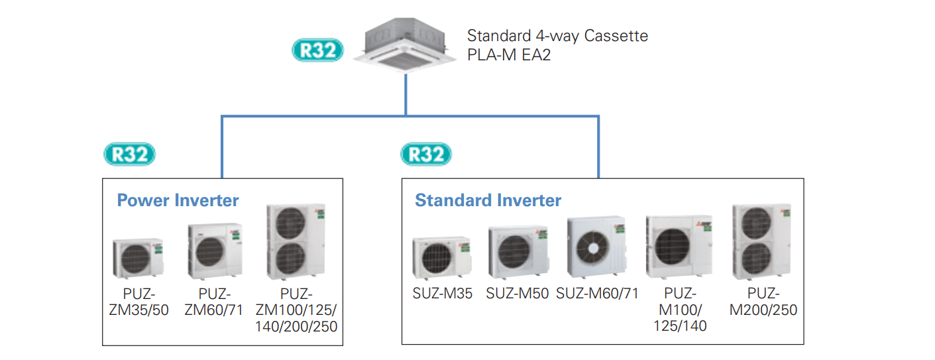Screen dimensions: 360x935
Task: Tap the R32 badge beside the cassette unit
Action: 317,50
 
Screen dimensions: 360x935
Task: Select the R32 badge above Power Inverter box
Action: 130,154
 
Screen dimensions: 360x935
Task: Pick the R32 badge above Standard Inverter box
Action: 426,154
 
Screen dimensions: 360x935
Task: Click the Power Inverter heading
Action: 178,200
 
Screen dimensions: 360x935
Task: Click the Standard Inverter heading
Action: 488,200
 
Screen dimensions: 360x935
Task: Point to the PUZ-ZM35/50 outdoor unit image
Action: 137,259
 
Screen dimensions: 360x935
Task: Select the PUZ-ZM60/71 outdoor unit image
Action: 215,251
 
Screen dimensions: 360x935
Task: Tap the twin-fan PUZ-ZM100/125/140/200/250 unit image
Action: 296,242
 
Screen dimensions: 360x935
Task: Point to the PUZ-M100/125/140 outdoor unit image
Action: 679,247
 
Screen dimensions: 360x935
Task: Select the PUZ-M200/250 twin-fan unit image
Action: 761,242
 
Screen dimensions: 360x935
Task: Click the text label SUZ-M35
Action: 442,294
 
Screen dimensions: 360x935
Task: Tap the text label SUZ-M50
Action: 518,294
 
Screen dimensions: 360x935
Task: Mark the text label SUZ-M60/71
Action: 597,294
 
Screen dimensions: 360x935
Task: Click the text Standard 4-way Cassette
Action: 557,36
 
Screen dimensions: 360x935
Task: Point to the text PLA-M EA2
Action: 509,55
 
